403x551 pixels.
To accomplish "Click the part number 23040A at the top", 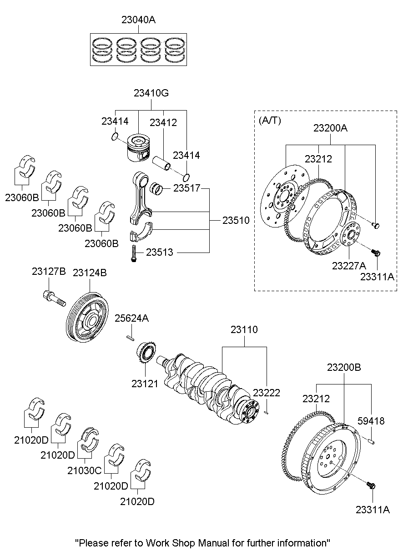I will click(139, 20).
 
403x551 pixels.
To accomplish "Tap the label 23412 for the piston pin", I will click(163, 122).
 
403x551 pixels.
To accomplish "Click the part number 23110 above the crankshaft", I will click(244, 330).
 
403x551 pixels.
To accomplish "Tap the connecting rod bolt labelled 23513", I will click(134, 253).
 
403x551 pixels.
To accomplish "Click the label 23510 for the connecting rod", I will click(236, 221).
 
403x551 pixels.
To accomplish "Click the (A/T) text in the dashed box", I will click(271, 121).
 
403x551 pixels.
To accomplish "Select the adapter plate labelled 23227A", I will click(349, 235).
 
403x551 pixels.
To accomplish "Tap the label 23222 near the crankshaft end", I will click(267, 393).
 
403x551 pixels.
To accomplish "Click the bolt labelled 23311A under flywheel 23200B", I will click(371, 486).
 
